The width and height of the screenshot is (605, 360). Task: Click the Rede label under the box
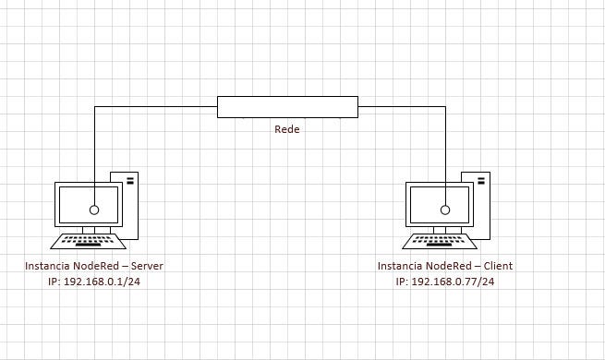coord(287,129)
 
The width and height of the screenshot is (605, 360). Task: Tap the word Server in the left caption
coord(147,266)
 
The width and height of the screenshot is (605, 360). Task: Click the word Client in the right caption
coord(498,266)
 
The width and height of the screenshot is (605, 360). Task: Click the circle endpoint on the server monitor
coord(94,210)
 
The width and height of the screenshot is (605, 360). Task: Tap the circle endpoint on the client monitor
coord(445,210)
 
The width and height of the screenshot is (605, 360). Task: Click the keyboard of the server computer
coord(89,241)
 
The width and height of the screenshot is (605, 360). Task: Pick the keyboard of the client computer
coord(440,241)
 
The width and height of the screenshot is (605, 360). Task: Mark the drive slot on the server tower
coord(130,180)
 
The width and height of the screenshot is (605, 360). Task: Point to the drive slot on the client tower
coord(481,180)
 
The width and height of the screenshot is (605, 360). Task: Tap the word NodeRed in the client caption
coord(444,266)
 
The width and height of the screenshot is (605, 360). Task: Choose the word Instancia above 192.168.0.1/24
coord(48,266)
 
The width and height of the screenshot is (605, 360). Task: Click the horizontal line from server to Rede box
coord(156,107)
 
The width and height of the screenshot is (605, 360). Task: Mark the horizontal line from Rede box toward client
coord(402,107)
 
